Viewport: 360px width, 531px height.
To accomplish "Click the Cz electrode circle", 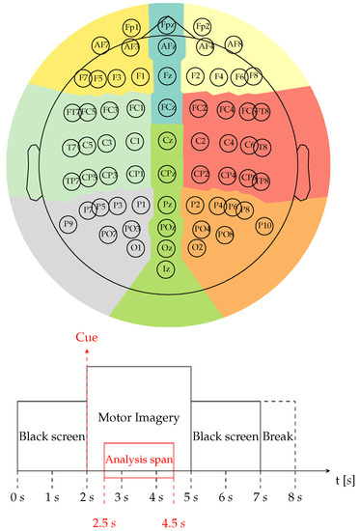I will click(167, 141).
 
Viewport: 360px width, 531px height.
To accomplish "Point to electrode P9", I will click(68, 224).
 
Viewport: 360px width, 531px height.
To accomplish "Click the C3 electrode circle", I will click(106, 143).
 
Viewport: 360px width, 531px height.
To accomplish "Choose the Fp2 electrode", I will click(203, 26).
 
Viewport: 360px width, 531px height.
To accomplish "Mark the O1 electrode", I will click(136, 247).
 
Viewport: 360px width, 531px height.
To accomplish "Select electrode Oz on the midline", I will click(167, 248).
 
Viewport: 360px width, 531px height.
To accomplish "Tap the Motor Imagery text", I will click(139, 418).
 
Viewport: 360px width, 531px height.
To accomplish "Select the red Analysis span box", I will click(139, 461).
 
